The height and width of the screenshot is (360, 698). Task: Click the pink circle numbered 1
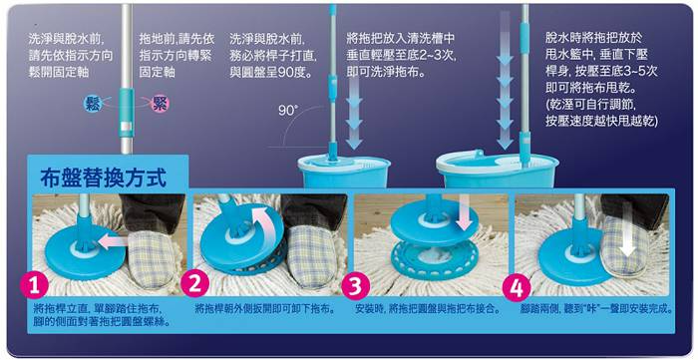34,286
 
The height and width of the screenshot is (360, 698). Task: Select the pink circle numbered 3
356,286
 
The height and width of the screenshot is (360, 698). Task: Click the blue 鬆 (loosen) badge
93,104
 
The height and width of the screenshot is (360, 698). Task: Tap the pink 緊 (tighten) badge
160,104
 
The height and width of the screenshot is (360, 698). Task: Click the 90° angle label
288,111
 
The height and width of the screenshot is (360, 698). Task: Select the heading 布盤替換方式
103,179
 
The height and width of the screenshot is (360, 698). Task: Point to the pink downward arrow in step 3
465,216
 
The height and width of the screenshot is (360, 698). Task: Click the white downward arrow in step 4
628,240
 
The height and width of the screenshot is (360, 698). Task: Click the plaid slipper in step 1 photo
150,257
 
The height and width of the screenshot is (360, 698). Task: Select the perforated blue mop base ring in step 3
434,261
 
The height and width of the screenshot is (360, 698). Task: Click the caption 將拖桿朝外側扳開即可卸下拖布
265,309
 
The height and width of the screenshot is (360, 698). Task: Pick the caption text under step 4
596,309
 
